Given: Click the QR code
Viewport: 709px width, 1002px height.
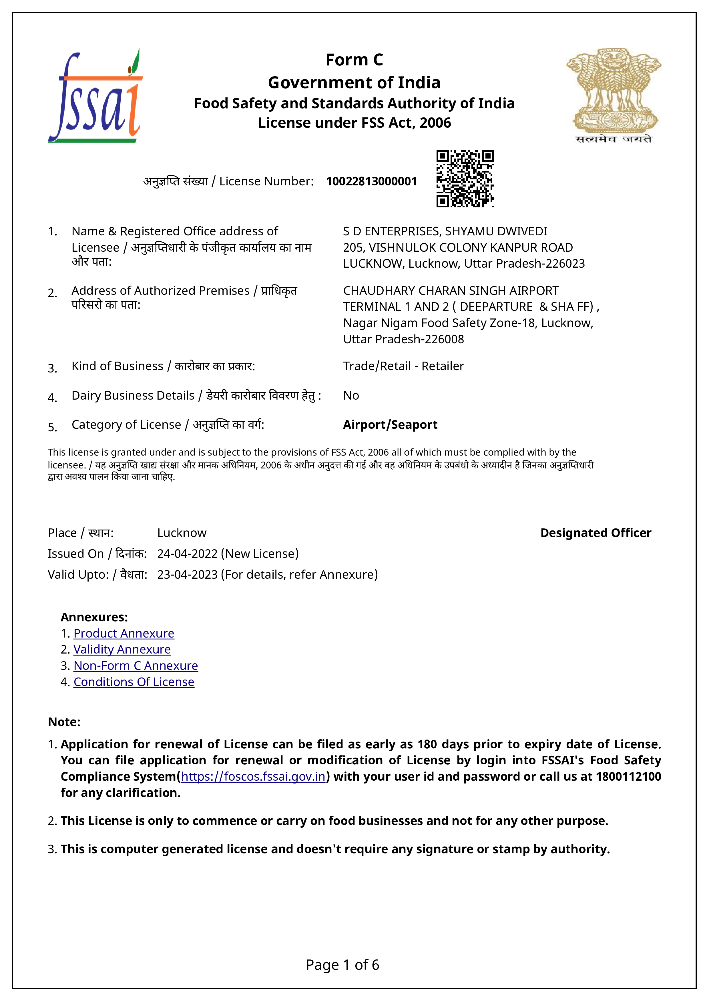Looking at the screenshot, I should click(465, 179).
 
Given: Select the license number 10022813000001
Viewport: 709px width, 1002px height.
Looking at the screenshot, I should click(371, 182).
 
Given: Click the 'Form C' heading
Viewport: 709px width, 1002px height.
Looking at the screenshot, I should click(354, 60).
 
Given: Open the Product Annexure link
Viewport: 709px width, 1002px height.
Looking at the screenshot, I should click(124, 633).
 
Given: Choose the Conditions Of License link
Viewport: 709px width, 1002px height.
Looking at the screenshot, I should click(134, 682).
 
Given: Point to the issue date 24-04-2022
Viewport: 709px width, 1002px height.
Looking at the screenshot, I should click(188, 554).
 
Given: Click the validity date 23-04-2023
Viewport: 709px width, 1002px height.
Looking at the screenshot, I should click(188, 575).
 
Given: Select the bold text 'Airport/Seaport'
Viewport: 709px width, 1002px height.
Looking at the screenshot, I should click(390, 425).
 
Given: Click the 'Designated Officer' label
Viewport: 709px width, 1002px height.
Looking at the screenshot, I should click(596, 533).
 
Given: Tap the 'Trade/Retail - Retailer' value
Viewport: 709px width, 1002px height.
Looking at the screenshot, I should click(403, 366).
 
